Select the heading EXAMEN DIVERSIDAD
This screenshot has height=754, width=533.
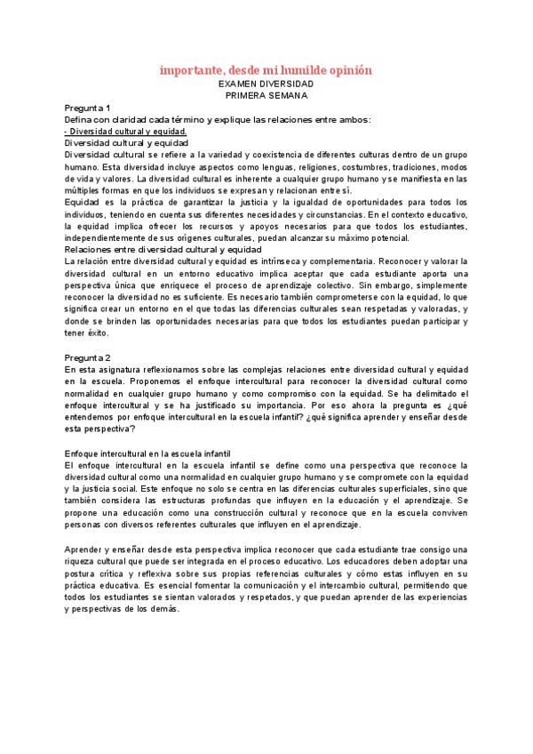266,83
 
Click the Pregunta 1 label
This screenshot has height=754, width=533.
87,108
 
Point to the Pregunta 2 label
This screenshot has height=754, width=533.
87,357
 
